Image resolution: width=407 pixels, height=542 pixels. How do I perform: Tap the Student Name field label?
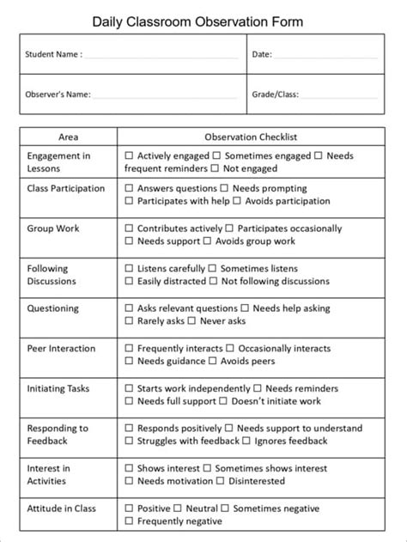(53, 53)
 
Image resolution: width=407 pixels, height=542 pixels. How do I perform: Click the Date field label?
(262, 53)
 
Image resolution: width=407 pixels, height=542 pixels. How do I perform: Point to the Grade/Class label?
(276, 94)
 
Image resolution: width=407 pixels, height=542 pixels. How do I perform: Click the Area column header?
(69, 136)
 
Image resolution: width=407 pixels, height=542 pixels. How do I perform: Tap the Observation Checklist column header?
(251, 136)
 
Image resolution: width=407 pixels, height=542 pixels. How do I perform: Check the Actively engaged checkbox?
(129, 156)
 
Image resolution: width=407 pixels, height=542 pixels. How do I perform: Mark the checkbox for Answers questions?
(129, 188)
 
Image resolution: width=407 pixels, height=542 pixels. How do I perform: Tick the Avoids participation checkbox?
(237, 201)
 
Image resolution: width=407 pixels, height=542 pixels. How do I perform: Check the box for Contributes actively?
(129, 229)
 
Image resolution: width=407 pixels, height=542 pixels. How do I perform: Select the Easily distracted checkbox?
(129, 281)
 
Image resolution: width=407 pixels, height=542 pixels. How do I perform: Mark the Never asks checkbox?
(191, 320)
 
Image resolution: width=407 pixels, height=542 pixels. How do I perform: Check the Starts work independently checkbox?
(129, 388)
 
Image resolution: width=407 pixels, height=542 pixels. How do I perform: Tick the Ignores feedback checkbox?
(246, 441)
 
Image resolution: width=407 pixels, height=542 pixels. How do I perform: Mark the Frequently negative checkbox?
(129, 521)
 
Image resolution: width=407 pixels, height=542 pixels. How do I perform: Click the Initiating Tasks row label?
(58, 388)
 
